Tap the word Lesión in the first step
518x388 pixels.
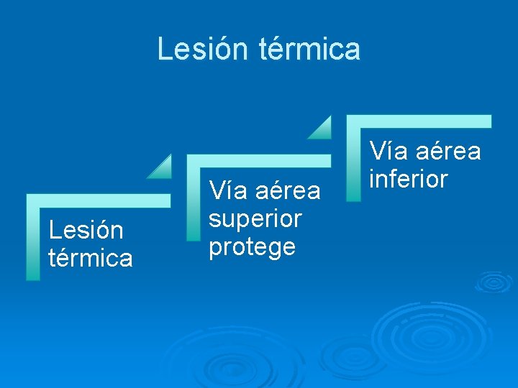(x=85, y=230)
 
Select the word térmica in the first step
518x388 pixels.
(x=91, y=257)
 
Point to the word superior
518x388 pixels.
(x=255, y=218)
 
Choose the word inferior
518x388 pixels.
(x=409, y=179)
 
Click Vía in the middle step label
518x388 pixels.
(x=227, y=191)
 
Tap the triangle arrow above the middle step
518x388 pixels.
(x=321, y=128)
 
